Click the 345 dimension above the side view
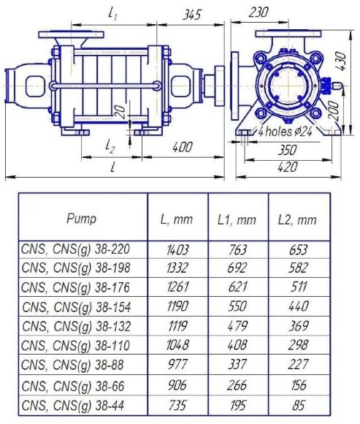tap(192, 15)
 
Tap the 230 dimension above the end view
tap(258, 12)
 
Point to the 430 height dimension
tap(342, 61)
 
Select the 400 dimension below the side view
tap(183, 147)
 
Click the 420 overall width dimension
tap(288, 167)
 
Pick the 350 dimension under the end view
tap(288, 150)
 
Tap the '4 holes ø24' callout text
tap(286, 132)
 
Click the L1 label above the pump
tap(112, 14)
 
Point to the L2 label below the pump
tap(110, 147)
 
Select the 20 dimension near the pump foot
tap(120, 112)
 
